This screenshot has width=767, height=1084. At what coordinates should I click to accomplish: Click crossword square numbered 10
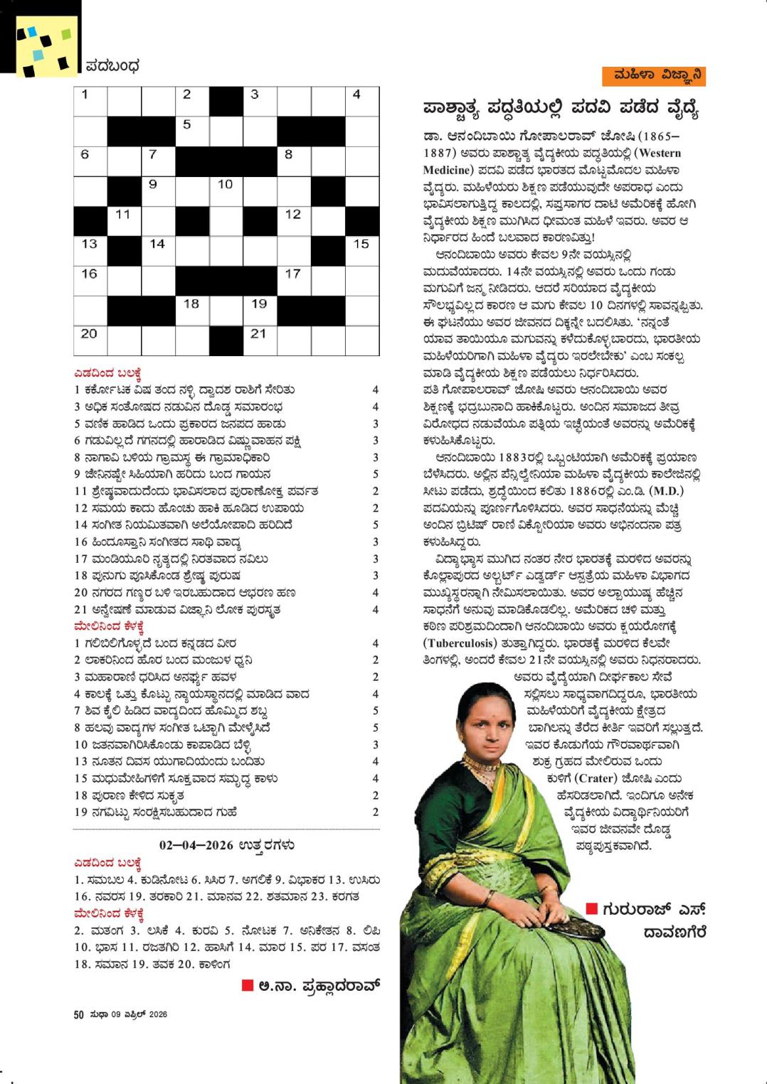click(226, 189)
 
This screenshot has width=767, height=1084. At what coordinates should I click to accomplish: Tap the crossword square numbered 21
click(260, 338)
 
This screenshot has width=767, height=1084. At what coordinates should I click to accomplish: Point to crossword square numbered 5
click(192, 129)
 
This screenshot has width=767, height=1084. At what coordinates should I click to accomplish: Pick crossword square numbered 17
click(294, 279)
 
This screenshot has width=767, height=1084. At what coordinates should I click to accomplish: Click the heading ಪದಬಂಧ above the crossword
click(112, 67)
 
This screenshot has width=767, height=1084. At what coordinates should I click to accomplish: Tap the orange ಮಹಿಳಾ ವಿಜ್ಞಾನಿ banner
click(652, 76)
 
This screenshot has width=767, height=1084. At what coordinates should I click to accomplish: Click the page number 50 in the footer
click(79, 1014)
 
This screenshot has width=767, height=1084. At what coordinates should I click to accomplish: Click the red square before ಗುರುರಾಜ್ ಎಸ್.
click(591, 908)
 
